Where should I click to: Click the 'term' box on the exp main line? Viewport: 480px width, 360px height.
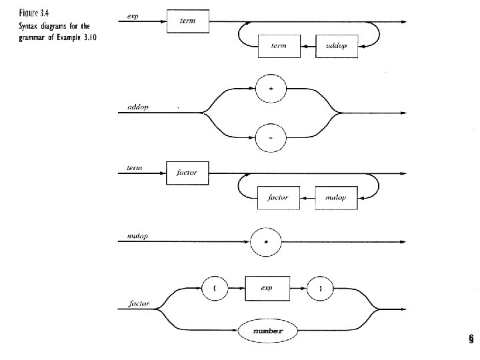point(187,22)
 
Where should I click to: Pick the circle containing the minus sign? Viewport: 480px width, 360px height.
point(271,138)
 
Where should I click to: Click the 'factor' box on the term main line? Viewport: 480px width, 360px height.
point(187,173)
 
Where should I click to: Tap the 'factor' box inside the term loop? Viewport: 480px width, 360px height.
point(278,198)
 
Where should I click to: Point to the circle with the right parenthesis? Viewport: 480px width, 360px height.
point(321,289)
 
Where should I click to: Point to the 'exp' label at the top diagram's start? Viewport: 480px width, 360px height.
point(133,16)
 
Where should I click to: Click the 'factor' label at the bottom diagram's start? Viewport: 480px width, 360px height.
point(138,304)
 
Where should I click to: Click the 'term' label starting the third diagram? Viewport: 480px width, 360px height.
point(135,167)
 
